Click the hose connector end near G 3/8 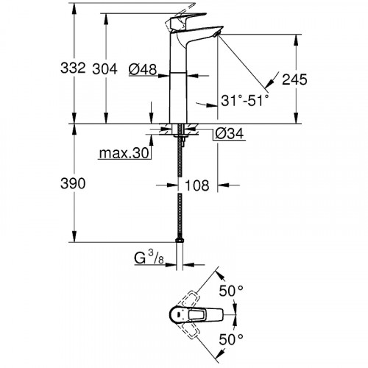(x=179, y=239)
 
